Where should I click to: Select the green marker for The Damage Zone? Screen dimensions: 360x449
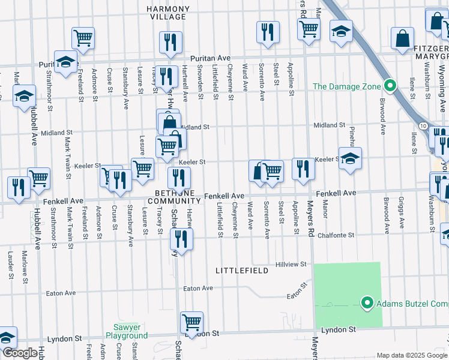tap(390, 86)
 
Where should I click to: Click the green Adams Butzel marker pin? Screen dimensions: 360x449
tap(367, 303)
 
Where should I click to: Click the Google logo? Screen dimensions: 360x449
tap(20, 353)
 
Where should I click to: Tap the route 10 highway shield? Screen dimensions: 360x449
tap(424, 125)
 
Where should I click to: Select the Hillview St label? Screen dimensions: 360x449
tap(291, 264)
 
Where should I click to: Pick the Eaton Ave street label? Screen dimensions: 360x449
tap(198, 289)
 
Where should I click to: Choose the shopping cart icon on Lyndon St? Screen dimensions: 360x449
tap(191, 322)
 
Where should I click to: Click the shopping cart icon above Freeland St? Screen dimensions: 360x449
tap(83, 38)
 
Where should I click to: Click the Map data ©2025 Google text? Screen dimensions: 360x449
tap(412, 355)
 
